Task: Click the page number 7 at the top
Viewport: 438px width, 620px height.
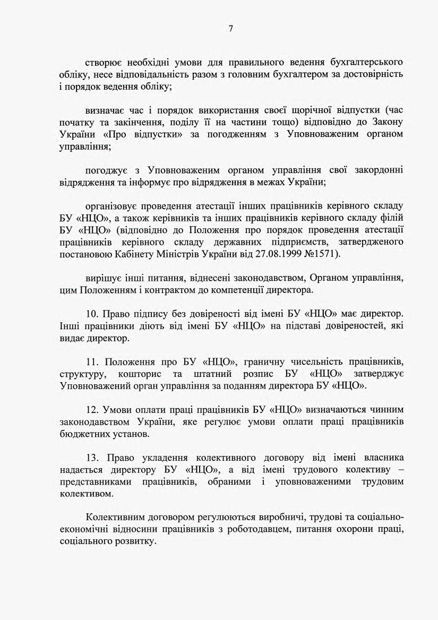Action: click(x=231, y=29)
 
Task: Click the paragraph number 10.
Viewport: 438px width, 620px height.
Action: click(x=91, y=315)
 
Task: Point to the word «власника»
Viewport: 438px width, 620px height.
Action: click(x=381, y=458)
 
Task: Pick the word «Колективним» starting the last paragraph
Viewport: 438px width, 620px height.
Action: click(x=116, y=519)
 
